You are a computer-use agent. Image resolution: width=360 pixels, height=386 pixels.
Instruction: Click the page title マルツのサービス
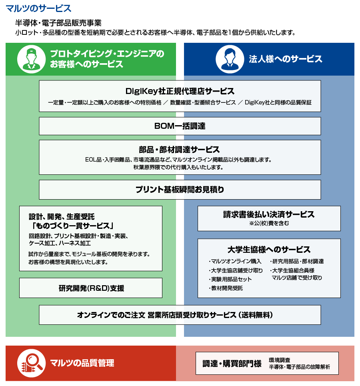click(38, 8)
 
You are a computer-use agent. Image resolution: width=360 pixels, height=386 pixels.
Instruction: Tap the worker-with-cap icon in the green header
click(31, 59)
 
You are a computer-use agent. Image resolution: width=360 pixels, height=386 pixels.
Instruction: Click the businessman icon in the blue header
click(230, 59)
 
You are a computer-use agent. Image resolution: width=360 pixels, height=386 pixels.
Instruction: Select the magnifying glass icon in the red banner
click(31, 363)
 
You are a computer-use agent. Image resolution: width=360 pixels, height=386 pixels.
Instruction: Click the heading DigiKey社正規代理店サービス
click(180, 91)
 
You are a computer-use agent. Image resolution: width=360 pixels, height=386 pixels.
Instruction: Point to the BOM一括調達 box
click(180, 126)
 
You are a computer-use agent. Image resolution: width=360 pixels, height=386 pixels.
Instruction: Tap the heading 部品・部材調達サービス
click(179, 150)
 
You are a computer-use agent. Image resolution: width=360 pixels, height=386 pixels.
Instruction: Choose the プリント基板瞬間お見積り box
click(180, 190)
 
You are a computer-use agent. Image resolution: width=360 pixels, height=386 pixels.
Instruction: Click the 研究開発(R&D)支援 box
click(91, 288)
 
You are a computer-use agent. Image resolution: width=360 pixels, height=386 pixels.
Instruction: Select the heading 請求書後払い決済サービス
click(269, 214)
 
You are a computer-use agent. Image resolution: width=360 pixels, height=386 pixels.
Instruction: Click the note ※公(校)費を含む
click(269, 223)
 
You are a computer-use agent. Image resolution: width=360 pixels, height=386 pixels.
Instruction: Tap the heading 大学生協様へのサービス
click(269, 250)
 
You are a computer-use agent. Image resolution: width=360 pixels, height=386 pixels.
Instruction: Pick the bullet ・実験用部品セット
click(230, 279)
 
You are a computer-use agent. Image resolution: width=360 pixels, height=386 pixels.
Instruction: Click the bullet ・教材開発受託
click(226, 288)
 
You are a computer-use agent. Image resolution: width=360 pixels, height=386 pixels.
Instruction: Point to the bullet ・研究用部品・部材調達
click(297, 261)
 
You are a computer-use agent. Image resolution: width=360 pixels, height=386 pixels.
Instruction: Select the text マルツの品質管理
click(82, 363)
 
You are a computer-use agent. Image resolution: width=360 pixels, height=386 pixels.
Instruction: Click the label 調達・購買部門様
click(232, 363)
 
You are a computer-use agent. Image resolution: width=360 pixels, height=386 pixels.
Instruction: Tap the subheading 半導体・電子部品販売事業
click(58, 23)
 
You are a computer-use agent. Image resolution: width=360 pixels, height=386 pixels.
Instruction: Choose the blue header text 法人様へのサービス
click(285, 59)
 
